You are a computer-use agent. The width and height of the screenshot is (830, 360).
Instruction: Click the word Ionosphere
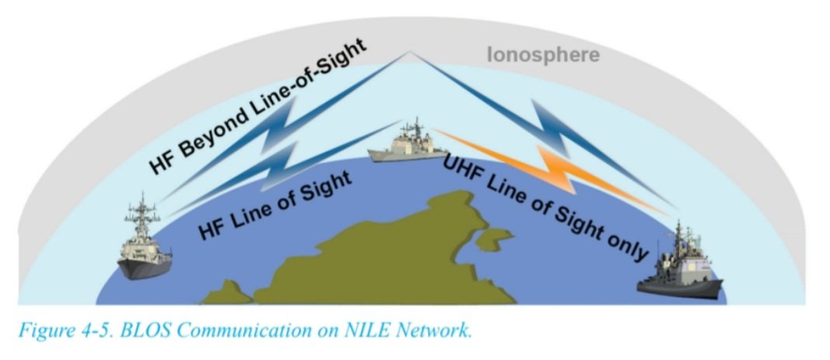(x=543, y=55)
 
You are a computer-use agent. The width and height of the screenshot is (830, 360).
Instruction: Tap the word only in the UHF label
(x=626, y=247)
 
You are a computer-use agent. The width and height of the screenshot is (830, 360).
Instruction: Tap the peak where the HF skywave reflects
(x=410, y=54)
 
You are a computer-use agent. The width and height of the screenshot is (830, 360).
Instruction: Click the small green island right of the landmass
(x=490, y=239)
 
